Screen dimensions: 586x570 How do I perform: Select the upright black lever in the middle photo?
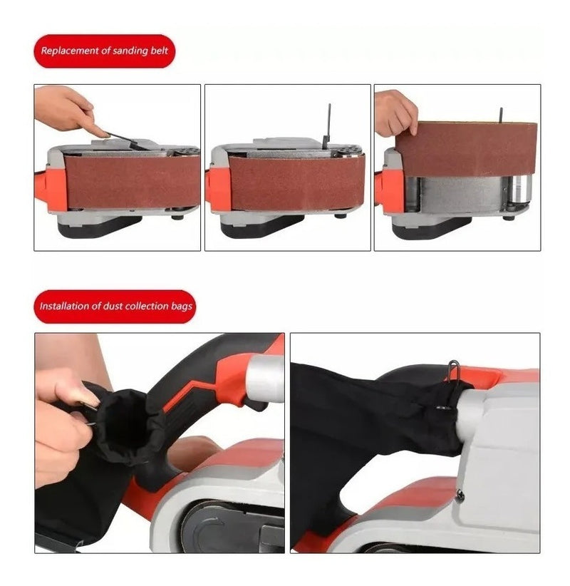click(328, 126)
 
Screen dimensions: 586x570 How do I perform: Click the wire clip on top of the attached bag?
click(453, 371)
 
